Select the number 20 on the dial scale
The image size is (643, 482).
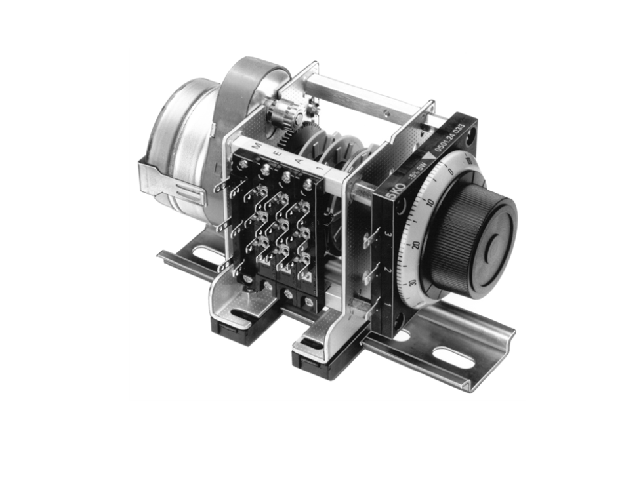(x=415, y=245)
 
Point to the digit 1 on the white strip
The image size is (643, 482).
(x=318, y=169)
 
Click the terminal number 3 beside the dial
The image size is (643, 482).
(x=388, y=233)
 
